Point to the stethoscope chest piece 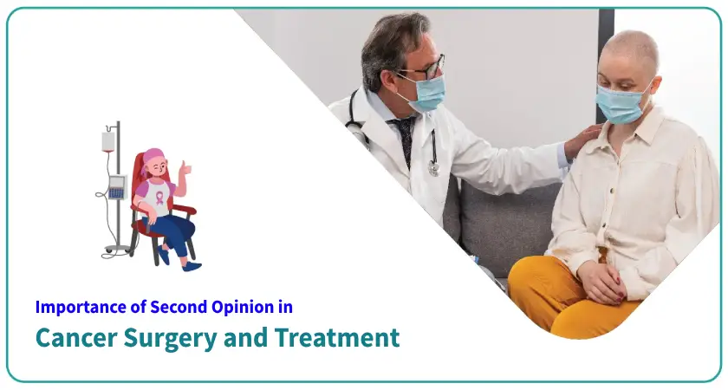coord(433,168)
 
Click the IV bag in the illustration coord(108,140)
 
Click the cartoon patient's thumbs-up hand coord(183,168)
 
